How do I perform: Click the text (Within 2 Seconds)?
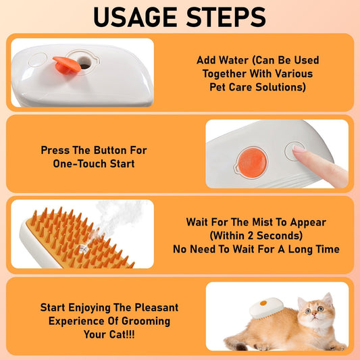(263, 235)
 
